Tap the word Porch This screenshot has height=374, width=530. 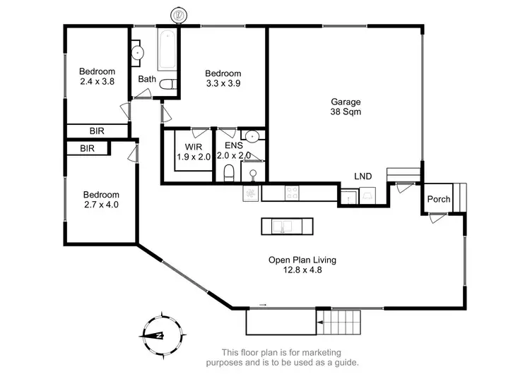[439, 199]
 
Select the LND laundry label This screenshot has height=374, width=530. [363, 176]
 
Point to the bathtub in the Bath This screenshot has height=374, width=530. [167, 49]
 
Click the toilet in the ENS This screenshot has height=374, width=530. [228, 174]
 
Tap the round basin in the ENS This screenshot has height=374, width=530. [251, 137]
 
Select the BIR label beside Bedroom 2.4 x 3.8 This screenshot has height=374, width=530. [98, 131]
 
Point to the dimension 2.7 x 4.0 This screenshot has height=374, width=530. [100, 205]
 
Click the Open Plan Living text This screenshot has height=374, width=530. [302, 260]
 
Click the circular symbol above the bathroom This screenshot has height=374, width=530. [179, 13]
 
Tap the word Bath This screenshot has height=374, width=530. [147, 79]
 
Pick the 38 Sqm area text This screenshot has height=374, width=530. [345, 111]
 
